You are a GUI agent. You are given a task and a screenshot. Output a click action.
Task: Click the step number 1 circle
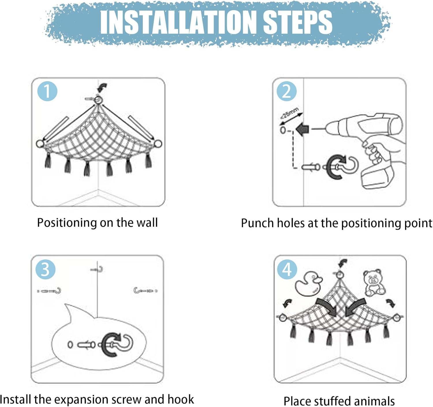[x=47, y=91]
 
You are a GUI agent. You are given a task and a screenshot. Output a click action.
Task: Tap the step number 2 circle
[x=286, y=91]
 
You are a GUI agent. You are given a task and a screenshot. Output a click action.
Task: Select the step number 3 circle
[x=45, y=269]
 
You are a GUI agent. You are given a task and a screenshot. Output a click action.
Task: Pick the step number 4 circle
[x=287, y=270]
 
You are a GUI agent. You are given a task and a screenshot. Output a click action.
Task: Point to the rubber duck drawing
[x=308, y=283]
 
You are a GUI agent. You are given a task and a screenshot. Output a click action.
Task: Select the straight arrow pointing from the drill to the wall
[x=303, y=130]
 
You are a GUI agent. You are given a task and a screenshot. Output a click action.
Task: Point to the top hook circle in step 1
[x=98, y=100]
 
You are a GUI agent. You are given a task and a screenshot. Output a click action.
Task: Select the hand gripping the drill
[x=379, y=150]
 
